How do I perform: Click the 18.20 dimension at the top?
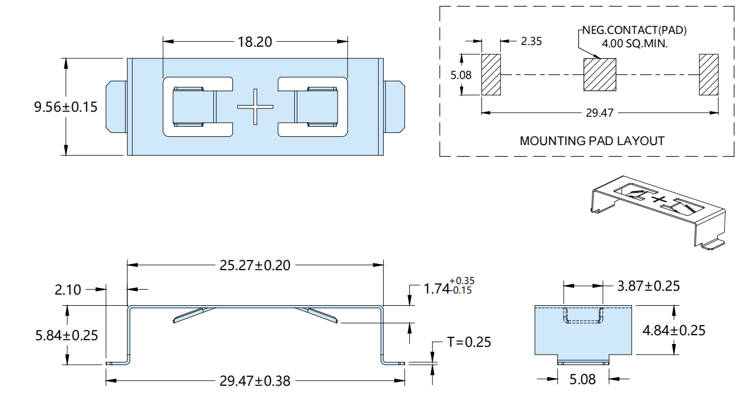pos(255,42)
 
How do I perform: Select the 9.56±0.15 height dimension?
pos(66,107)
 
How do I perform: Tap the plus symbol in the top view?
pos(255,107)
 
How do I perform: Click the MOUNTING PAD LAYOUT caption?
pos(592,141)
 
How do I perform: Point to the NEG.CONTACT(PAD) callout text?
pos(635,31)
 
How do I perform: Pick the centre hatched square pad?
pos(600,74)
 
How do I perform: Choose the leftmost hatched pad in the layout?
pos(491,74)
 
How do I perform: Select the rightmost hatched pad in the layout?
pos(709,74)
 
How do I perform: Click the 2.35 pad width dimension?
pos(531,41)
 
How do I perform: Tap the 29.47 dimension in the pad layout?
pos(600,113)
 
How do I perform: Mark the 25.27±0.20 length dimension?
pos(255,265)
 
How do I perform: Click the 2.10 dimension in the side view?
pos(68,290)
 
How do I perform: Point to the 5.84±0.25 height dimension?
pos(67,335)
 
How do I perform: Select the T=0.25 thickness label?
pos(469,342)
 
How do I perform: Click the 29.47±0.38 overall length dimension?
pos(255,381)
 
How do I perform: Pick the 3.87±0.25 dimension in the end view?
pos(648,286)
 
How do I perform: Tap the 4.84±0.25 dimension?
pos(674,330)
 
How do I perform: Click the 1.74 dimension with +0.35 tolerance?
pos(449,287)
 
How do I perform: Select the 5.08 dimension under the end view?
pos(583,379)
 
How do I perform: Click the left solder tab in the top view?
pos(116,107)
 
